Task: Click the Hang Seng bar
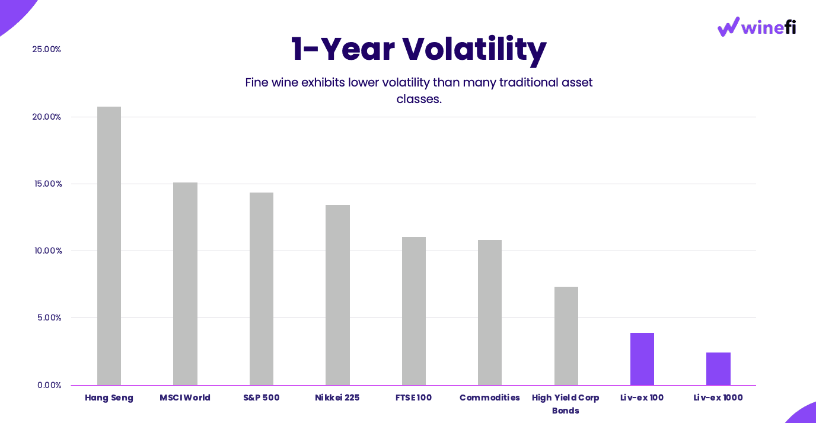pyautogui.click(x=109, y=246)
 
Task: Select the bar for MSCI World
pyautogui.click(x=185, y=284)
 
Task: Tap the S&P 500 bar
pyautogui.click(x=262, y=289)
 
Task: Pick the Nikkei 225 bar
pyautogui.click(x=337, y=295)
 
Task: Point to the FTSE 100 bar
pyautogui.click(x=414, y=311)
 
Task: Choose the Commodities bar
pyautogui.click(x=490, y=312)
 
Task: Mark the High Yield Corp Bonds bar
pyautogui.click(x=566, y=336)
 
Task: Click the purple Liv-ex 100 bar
pyautogui.click(x=642, y=359)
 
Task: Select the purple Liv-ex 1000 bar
pyautogui.click(x=718, y=368)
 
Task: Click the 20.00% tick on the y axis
pyautogui.click(x=47, y=117)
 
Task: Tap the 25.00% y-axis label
pyautogui.click(x=47, y=49)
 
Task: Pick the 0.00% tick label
pyautogui.click(x=49, y=385)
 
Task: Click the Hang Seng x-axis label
pyautogui.click(x=109, y=398)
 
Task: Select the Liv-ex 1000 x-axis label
pyautogui.click(x=718, y=398)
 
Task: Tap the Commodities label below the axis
pyautogui.click(x=490, y=398)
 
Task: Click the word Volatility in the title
pyautogui.click(x=474, y=50)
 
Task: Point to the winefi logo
pyautogui.click(x=757, y=27)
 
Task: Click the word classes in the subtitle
pyautogui.click(x=419, y=99)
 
